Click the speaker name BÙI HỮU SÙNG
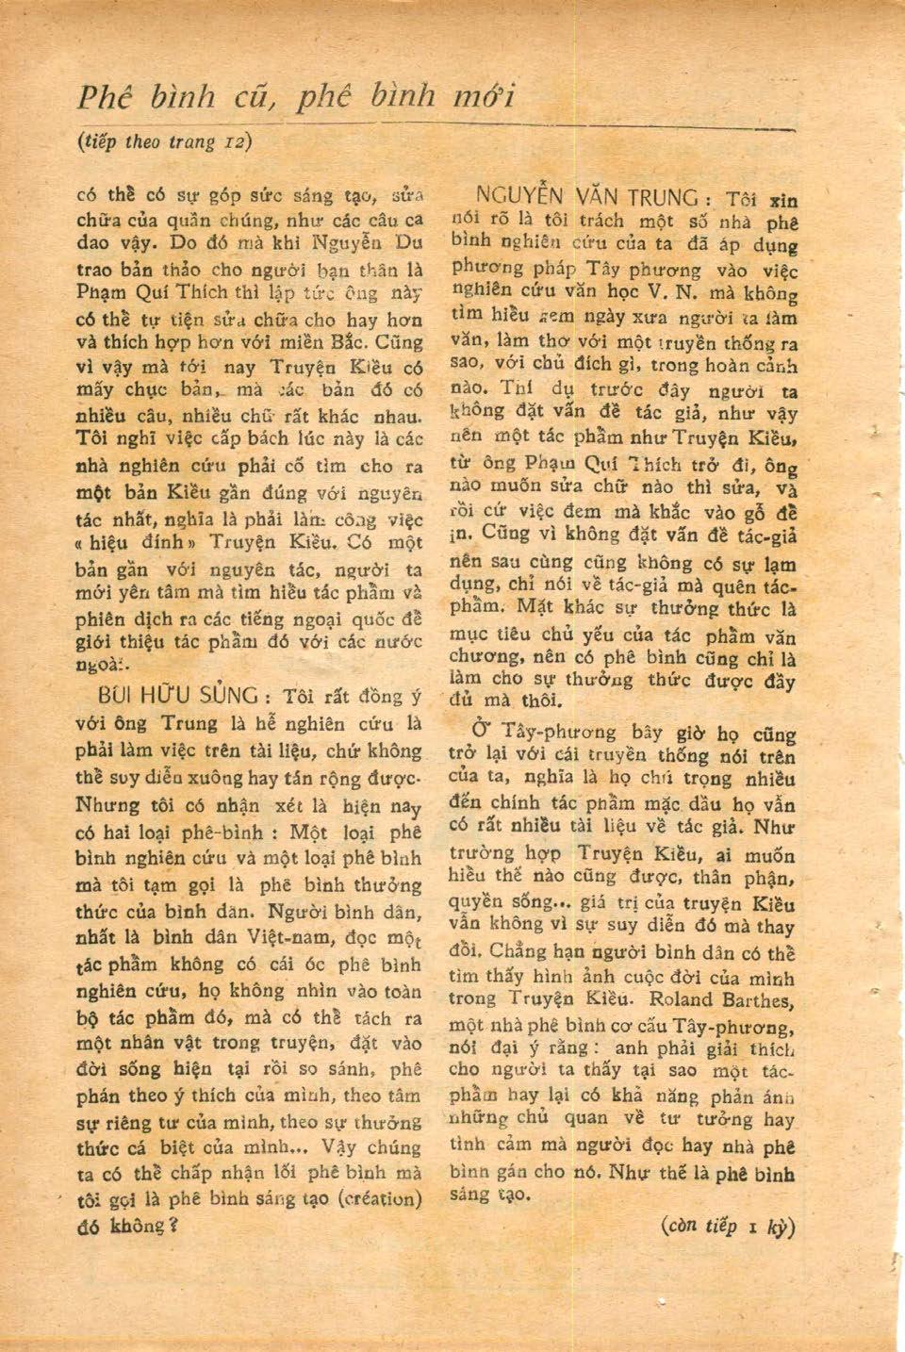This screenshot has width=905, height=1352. [178, 696]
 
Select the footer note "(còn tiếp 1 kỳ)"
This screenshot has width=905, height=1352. [729, 1228]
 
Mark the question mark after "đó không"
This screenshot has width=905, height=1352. [173, 1227]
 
